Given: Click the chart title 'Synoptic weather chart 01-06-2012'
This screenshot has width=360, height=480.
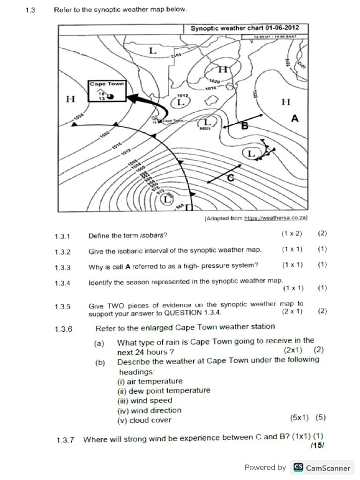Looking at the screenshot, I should (244, 29).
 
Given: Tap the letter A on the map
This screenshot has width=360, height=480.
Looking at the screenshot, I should (294, 119).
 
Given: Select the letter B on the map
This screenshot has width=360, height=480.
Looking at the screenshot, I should (244, 126).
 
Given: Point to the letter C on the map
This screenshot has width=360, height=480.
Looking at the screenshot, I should (230, 178).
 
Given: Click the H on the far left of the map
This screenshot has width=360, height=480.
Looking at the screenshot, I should (70, 99).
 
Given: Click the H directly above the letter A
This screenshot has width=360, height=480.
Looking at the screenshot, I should (285, 101).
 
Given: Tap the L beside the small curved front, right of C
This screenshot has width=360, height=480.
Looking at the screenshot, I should (251, 153).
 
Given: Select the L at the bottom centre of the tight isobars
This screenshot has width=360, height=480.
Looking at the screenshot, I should (166, 200).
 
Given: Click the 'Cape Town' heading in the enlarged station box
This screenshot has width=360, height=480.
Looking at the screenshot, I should (107, 84).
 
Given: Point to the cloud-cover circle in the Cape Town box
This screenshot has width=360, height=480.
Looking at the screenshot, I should (112, 97).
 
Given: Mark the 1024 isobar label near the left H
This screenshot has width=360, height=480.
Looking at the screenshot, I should (78, 116).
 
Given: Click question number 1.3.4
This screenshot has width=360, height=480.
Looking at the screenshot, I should (62, 283).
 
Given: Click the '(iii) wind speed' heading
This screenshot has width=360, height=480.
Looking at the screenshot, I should (144, 400).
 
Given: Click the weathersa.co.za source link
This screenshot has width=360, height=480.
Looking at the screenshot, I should (276, 218).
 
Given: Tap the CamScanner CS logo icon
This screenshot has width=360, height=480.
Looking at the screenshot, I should (298, 467).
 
